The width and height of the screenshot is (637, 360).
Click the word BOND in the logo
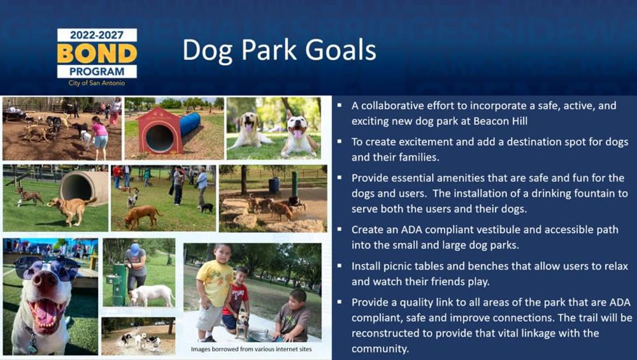97,54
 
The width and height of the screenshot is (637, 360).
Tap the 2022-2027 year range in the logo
97,35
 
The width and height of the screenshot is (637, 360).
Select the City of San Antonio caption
97,83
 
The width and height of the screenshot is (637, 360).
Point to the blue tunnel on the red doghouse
190,124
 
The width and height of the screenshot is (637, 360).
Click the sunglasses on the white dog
46,269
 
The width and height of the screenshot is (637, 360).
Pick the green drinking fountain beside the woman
117,284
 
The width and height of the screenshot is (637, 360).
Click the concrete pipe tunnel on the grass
83,187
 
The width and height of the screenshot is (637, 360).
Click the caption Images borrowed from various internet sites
252,349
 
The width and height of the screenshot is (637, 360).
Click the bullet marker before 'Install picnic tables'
340,266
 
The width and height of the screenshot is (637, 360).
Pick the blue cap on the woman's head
134,249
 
